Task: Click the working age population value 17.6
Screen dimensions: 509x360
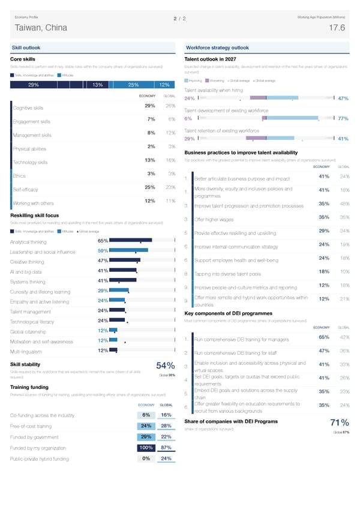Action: click(337, 28)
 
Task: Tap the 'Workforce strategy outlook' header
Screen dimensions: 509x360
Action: click(217, 47)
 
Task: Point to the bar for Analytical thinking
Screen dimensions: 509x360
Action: click(131, 241)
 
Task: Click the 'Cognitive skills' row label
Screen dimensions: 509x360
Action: click(28, 108)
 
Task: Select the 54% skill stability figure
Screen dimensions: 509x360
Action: click(165, 367)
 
